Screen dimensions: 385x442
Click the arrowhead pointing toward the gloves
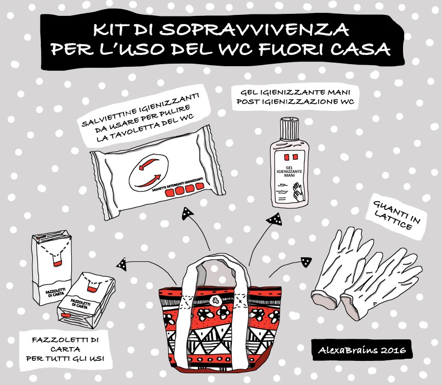(306, 262)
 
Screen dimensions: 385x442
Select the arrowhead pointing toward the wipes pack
(187, 214)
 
